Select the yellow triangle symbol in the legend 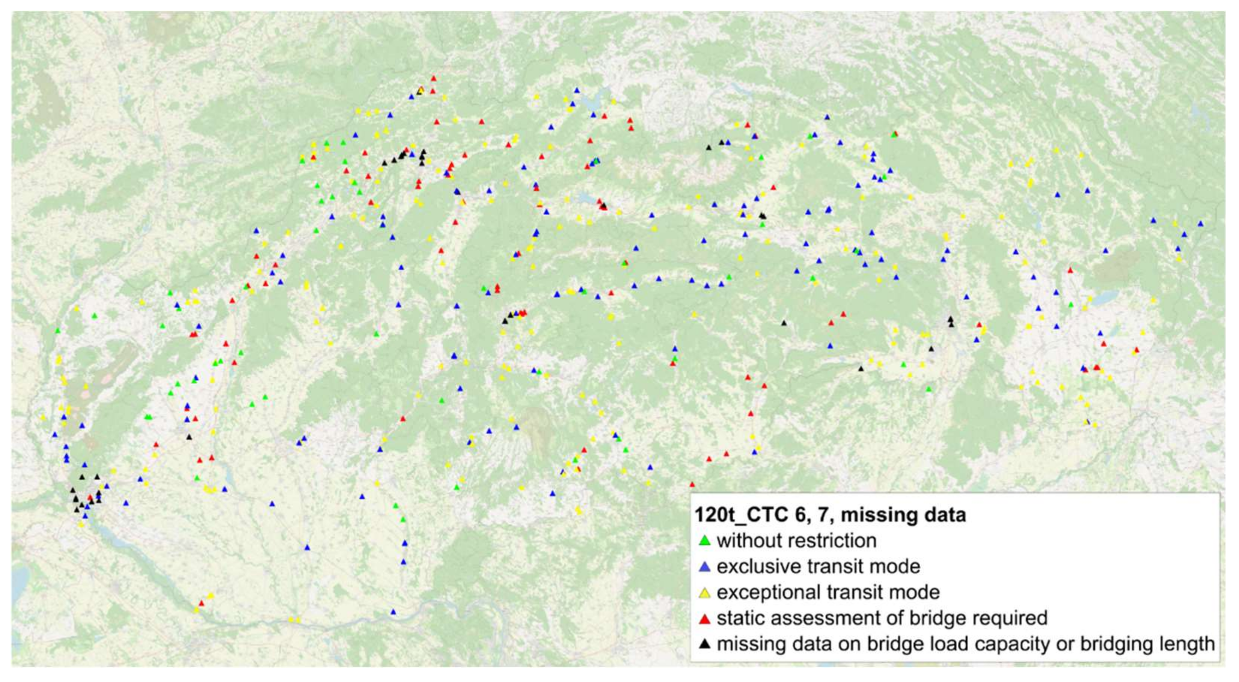705,593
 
